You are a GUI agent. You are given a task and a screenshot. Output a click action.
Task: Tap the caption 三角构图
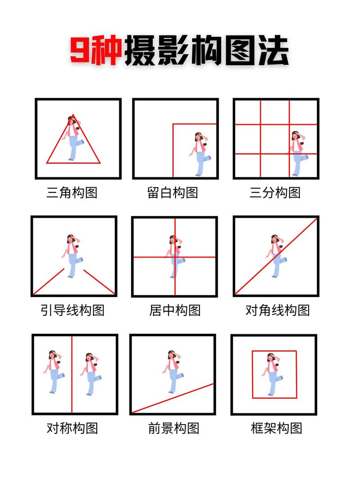click(72, 193)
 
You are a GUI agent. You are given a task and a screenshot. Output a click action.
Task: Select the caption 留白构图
click(173, 193)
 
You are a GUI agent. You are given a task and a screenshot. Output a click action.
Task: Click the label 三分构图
click(275, 193)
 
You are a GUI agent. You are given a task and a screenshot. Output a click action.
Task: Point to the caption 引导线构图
click(72, 310)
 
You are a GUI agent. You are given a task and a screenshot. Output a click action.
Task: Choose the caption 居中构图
click(175, 310)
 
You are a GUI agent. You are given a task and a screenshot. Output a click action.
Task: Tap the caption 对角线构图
click(278, 310)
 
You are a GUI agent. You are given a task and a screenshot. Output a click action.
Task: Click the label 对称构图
click(72, 427)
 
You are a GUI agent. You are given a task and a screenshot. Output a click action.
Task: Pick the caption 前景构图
click(174, 427)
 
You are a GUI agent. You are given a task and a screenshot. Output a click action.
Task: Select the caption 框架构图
click(276, 427)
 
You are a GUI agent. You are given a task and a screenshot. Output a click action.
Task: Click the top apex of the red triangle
click(73, 115)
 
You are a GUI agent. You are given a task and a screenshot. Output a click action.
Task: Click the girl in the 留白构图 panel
click(200, 153)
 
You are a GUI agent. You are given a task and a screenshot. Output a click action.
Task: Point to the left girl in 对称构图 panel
click(54, 372)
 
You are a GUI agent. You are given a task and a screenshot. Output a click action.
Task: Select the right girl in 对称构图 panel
click(91, 373)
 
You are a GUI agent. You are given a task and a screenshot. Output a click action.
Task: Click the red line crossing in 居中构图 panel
click(175, 257)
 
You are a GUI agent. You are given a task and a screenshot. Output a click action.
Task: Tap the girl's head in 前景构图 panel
click(172, 355)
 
